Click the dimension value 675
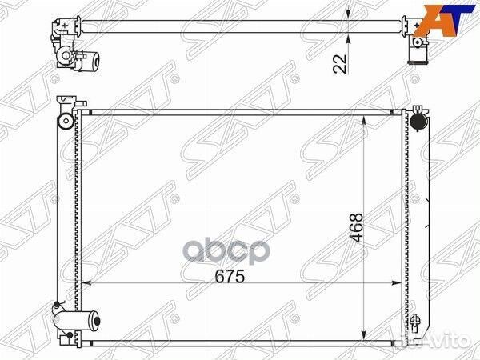pos(230,277)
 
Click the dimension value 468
pos(356,228)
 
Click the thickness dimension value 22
pos(340,64)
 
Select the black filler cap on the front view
pos(418,122)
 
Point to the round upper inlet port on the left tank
pos(66,122)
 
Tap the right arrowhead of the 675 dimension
pos(397,283)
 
